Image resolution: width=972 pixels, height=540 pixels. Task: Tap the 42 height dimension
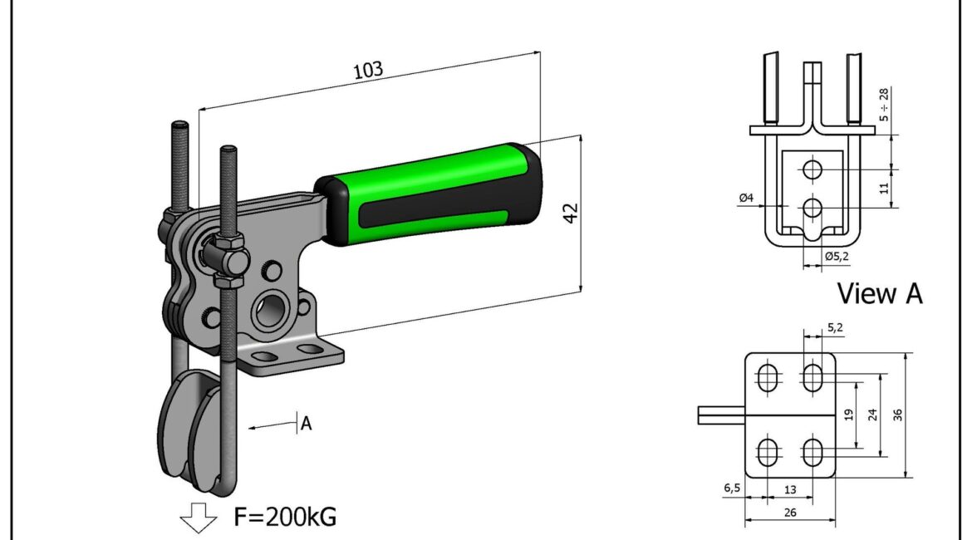571,212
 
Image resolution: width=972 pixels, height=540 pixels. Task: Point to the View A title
879,293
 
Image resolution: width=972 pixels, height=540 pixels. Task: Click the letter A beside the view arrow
306,424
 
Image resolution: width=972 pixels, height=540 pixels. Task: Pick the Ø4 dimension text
745,198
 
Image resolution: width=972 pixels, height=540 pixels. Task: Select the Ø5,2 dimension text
837,256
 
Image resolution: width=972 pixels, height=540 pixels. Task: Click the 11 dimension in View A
884,188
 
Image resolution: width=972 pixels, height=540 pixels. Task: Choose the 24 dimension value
871,413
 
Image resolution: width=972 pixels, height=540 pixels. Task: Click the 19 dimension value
848,413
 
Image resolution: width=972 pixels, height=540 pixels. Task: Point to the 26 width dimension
790,513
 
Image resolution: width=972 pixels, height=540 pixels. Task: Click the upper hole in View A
812,169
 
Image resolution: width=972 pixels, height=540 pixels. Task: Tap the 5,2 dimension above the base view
833,328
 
